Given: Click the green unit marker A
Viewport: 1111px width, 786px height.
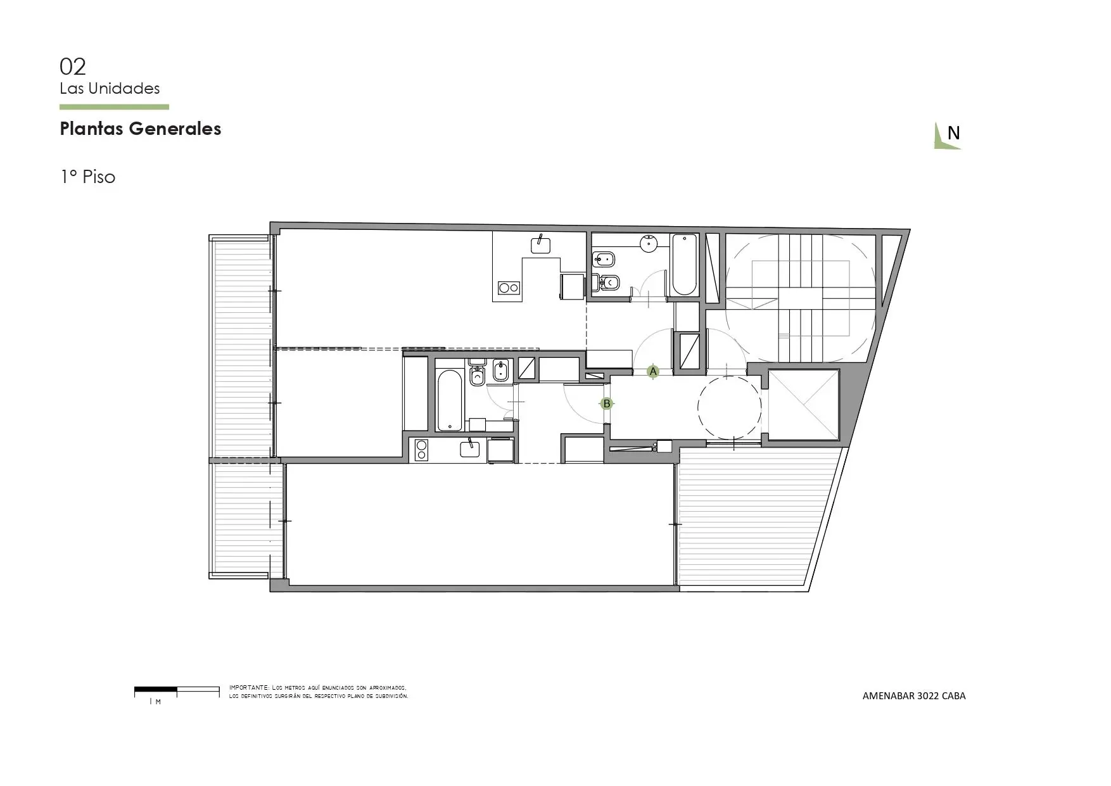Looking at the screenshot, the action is [653, 372].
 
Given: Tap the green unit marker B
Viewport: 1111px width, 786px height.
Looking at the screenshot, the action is [607, 403].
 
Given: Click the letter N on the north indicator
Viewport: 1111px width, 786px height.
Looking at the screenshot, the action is [953, 133].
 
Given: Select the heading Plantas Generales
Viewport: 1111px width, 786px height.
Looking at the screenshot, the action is [141, 129].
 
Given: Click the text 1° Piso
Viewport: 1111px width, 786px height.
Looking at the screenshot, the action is [88, 177].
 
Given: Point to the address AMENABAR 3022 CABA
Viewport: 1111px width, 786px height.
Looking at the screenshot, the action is [914, 695].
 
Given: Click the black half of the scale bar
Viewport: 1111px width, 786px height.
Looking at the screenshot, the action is [156, 688].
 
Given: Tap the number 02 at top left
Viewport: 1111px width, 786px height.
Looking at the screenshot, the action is [73, 67].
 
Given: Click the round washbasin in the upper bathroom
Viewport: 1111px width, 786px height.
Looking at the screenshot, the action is [649, 243].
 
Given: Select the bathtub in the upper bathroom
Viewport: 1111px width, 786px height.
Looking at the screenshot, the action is [684, 265].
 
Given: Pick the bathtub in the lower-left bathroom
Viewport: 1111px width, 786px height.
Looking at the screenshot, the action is [450, 400].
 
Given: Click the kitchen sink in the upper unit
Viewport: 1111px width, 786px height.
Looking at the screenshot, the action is [540, 245].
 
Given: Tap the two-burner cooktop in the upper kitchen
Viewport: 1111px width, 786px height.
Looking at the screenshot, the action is [509, 288].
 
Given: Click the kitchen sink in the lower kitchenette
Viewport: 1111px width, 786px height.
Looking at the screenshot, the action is [469, 449].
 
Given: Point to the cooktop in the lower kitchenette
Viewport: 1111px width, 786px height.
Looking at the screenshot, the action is [421, 450].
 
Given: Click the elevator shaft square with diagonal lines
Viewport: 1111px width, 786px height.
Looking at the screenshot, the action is [803, 405].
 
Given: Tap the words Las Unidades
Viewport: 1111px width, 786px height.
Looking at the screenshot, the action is [110, 89].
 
